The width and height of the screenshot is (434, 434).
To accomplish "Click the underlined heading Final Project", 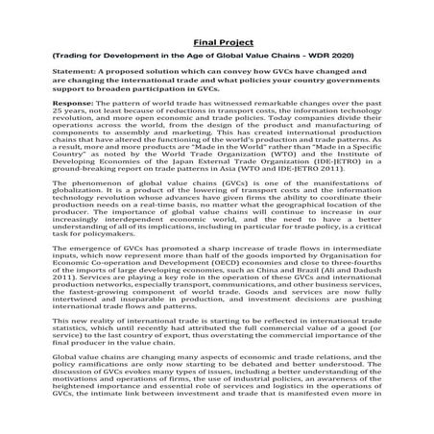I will click(216, 42).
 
